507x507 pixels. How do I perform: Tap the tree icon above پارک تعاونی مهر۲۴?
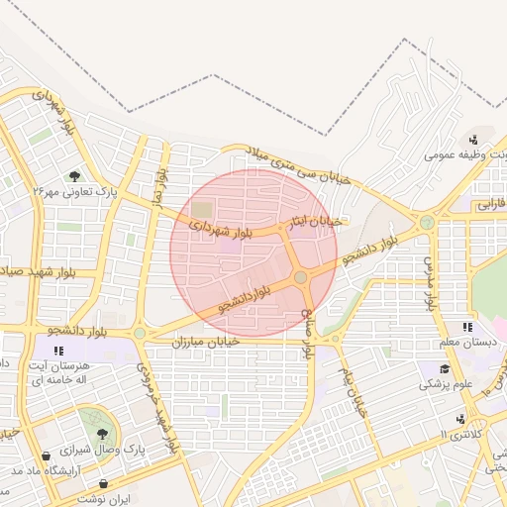point(75,176)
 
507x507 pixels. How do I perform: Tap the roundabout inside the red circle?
point(300,278)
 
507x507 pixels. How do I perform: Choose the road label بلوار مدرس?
point(430,282)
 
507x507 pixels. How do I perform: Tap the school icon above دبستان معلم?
point(466,327)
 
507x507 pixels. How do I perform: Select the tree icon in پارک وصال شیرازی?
point(102,434)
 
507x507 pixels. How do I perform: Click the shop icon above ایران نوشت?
point(102,484)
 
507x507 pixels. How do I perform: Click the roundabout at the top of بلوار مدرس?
point(427,223)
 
